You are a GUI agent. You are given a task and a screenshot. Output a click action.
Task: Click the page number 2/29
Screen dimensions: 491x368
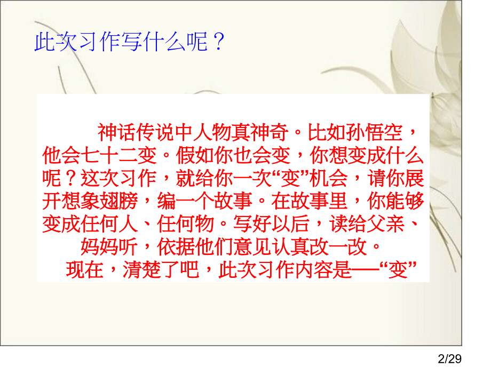coord(449,358)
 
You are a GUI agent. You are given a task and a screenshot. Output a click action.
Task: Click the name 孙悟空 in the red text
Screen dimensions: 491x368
coord(374,132)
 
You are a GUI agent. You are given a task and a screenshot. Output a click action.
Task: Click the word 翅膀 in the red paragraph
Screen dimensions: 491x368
coord(118,201)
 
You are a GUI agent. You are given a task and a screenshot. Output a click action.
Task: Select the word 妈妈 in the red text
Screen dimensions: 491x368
coord(99,247)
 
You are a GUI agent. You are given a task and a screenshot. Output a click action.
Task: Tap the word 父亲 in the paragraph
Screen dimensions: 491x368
coord(385,224)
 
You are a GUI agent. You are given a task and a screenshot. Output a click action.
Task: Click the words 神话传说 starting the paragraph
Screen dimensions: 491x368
coord(136,132)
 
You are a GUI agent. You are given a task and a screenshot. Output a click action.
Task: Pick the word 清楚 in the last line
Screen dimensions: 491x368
coord(141,270)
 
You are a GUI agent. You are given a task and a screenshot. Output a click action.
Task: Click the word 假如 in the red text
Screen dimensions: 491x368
coord(195,155)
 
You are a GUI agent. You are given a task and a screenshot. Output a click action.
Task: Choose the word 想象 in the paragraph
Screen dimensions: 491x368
coord(80,201)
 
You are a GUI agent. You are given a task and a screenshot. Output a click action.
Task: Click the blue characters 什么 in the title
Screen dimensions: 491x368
coord(164,42)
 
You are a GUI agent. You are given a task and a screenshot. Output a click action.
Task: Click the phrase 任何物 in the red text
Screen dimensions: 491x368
coord(185,224)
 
